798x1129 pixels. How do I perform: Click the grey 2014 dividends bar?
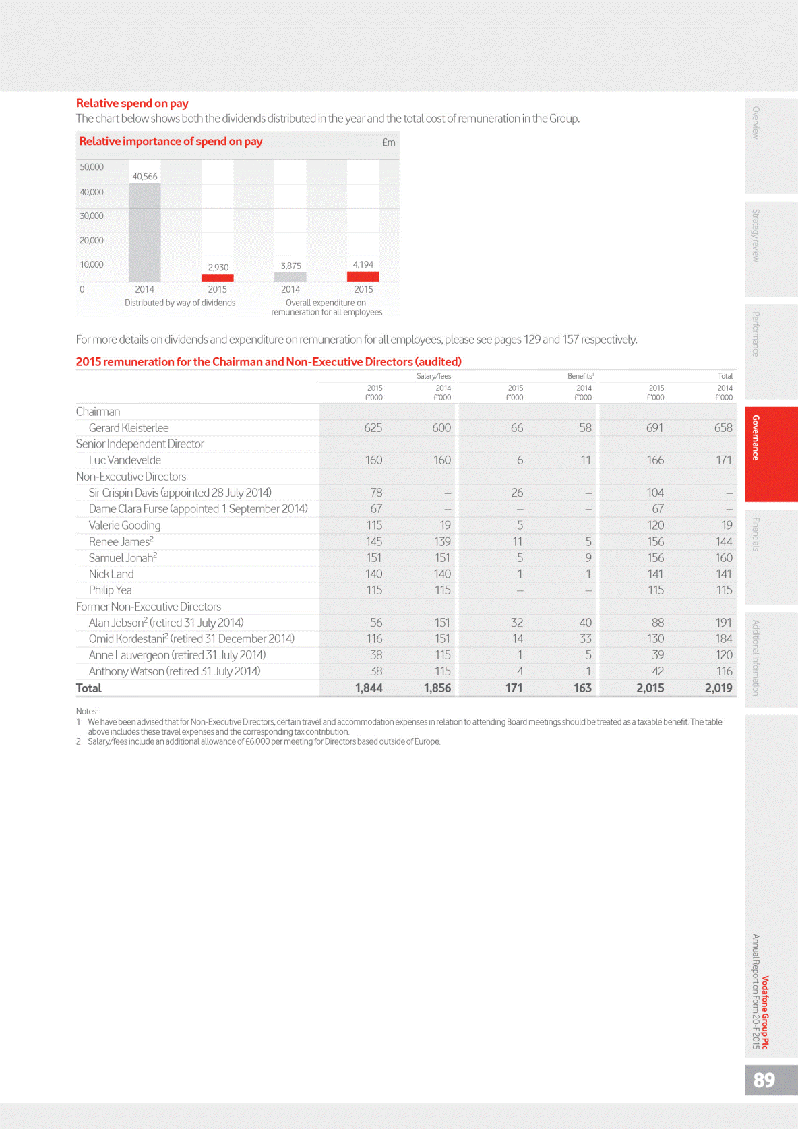(x=144, y=233)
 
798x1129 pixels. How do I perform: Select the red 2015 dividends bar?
(x=217, y=278)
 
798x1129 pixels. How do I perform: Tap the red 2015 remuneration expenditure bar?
(x=363, y=276)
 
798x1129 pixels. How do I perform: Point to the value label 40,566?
(x=145, y=177)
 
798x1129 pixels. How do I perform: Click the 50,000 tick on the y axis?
(x=92, y=167)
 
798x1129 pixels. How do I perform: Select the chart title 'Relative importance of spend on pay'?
(x=171, y=142)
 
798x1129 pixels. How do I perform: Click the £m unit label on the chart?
(x=389, y=142)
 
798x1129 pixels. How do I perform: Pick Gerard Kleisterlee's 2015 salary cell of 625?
(x=373, y=428)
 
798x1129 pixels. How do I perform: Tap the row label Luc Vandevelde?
(x=125, y=460)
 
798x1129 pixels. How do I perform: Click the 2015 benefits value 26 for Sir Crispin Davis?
(x=517, y=493)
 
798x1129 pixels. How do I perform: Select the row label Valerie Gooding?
(x=125, y=526)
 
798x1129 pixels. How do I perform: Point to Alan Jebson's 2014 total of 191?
(x=723, y=623)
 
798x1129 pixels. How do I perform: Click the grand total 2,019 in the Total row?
(x=718, y=688)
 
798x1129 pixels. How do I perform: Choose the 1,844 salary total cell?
(x=369, y=688)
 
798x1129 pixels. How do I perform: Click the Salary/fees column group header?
(x=433, y=376)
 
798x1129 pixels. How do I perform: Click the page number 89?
(x=764, y=1080)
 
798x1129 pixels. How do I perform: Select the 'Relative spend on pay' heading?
(x=132, y=103)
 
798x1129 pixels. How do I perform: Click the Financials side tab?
(x=756, y=534)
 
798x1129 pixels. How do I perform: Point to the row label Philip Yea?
(x=111, y=590)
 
